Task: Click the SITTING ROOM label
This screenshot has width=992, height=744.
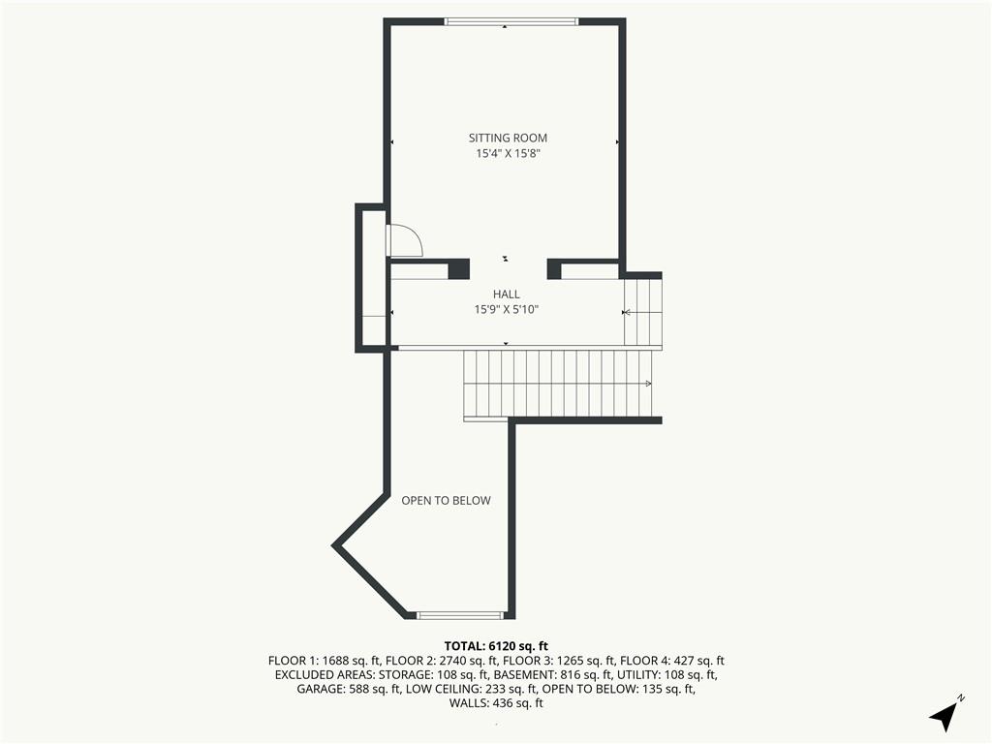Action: (508, 138)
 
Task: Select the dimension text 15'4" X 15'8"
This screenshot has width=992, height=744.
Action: (508, 153)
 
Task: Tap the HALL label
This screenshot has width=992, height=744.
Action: (506, 294)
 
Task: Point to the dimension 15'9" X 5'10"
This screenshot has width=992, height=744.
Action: (506, 309)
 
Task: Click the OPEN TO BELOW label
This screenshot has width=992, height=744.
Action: (446, 501)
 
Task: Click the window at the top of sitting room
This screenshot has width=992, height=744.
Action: (511, 21)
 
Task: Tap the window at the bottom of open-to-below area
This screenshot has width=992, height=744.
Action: (460, 615)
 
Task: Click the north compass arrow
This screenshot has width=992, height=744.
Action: (944, 716)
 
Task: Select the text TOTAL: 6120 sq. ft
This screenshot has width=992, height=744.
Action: (496, 646)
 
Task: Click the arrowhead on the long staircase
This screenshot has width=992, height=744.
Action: (648, 384)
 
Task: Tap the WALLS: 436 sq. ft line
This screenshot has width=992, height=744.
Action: (496, 703)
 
